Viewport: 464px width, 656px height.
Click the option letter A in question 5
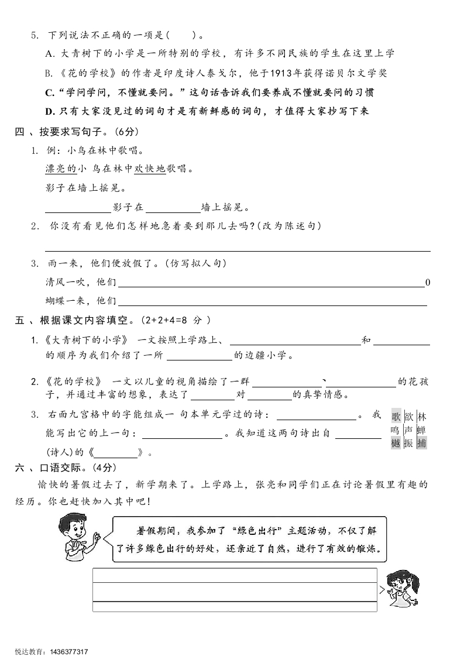click(x=49, y=54)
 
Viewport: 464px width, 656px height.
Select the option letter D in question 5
click(x=49, y=112)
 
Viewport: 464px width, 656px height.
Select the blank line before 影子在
click(x=78, y=208)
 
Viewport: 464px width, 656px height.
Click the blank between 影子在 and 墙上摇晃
click(x=173, y=208)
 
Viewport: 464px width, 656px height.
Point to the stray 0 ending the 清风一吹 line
click(x=428, y=283)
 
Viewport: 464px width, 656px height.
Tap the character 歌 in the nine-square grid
click(x=396, y=417)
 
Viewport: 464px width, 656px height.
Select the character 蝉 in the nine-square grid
click(x=422, y=430)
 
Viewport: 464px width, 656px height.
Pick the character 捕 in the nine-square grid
click(x=422, y=443)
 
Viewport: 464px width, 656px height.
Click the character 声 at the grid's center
click(x=409, y=430)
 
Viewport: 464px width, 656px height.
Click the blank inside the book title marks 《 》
click(x=116, y=452)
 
